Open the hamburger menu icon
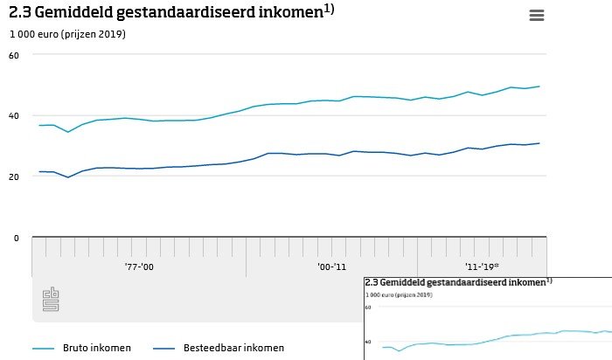coord(537,16)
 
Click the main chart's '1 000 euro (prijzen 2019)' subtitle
coord(67,34)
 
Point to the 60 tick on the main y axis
coord(14,55)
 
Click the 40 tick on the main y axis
coord(14,115)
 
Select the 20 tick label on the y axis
coord(14,177)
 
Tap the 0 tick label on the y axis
coord(16,237)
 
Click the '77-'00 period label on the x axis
coord(138,267)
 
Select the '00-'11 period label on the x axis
coord(332,267)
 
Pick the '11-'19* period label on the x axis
coord(482,267)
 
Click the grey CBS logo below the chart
coord(50,299)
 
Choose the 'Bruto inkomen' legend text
coord(97,348)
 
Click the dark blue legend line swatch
coord(164,348)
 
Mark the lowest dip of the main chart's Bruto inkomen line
coord(68,132)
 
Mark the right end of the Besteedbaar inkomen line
coord(539,143)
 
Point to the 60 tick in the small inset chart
coord(369,308)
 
